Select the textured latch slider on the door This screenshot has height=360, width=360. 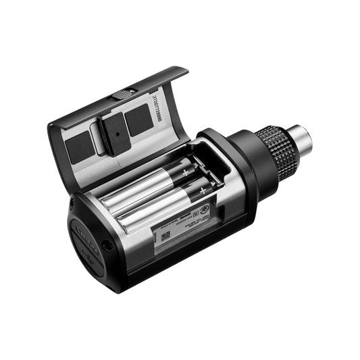[122, 94]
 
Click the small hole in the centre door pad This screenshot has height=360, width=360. [116, 134]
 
